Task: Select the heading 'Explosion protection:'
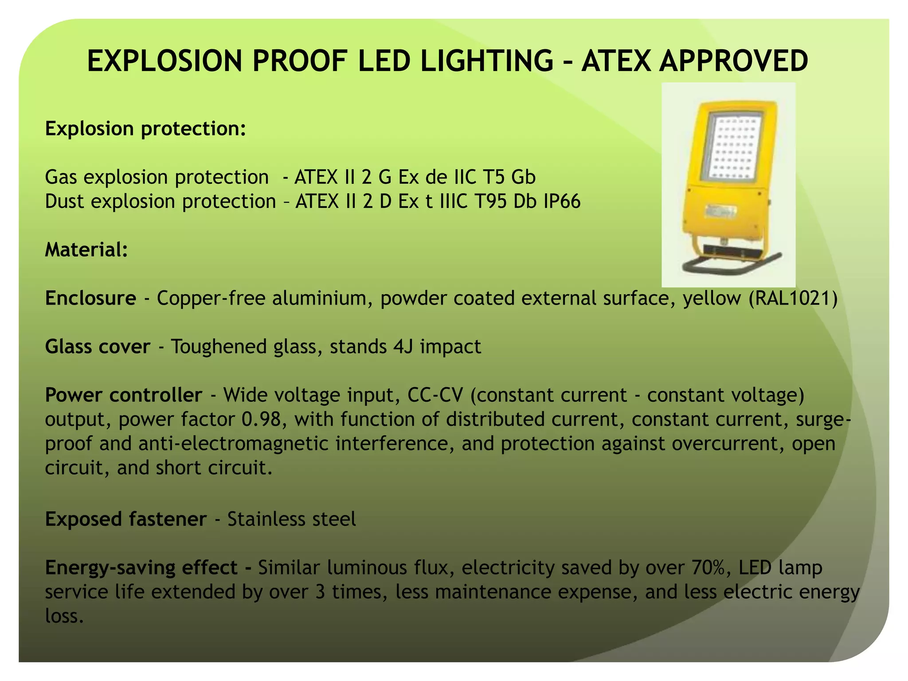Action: coord(145,129)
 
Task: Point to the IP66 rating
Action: coord(562,201)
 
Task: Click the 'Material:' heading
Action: coord(86,250)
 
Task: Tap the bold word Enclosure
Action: coord(90,298)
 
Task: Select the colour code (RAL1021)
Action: coord(793,298)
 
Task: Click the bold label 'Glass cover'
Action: coord(98,346)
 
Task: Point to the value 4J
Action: coord(403,346)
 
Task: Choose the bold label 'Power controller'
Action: coord(123,395)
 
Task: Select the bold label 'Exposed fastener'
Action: coord(125,519)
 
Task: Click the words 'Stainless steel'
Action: coord(291,519)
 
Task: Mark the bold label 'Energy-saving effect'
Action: coord(141,567)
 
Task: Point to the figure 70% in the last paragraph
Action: coord(707,567)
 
